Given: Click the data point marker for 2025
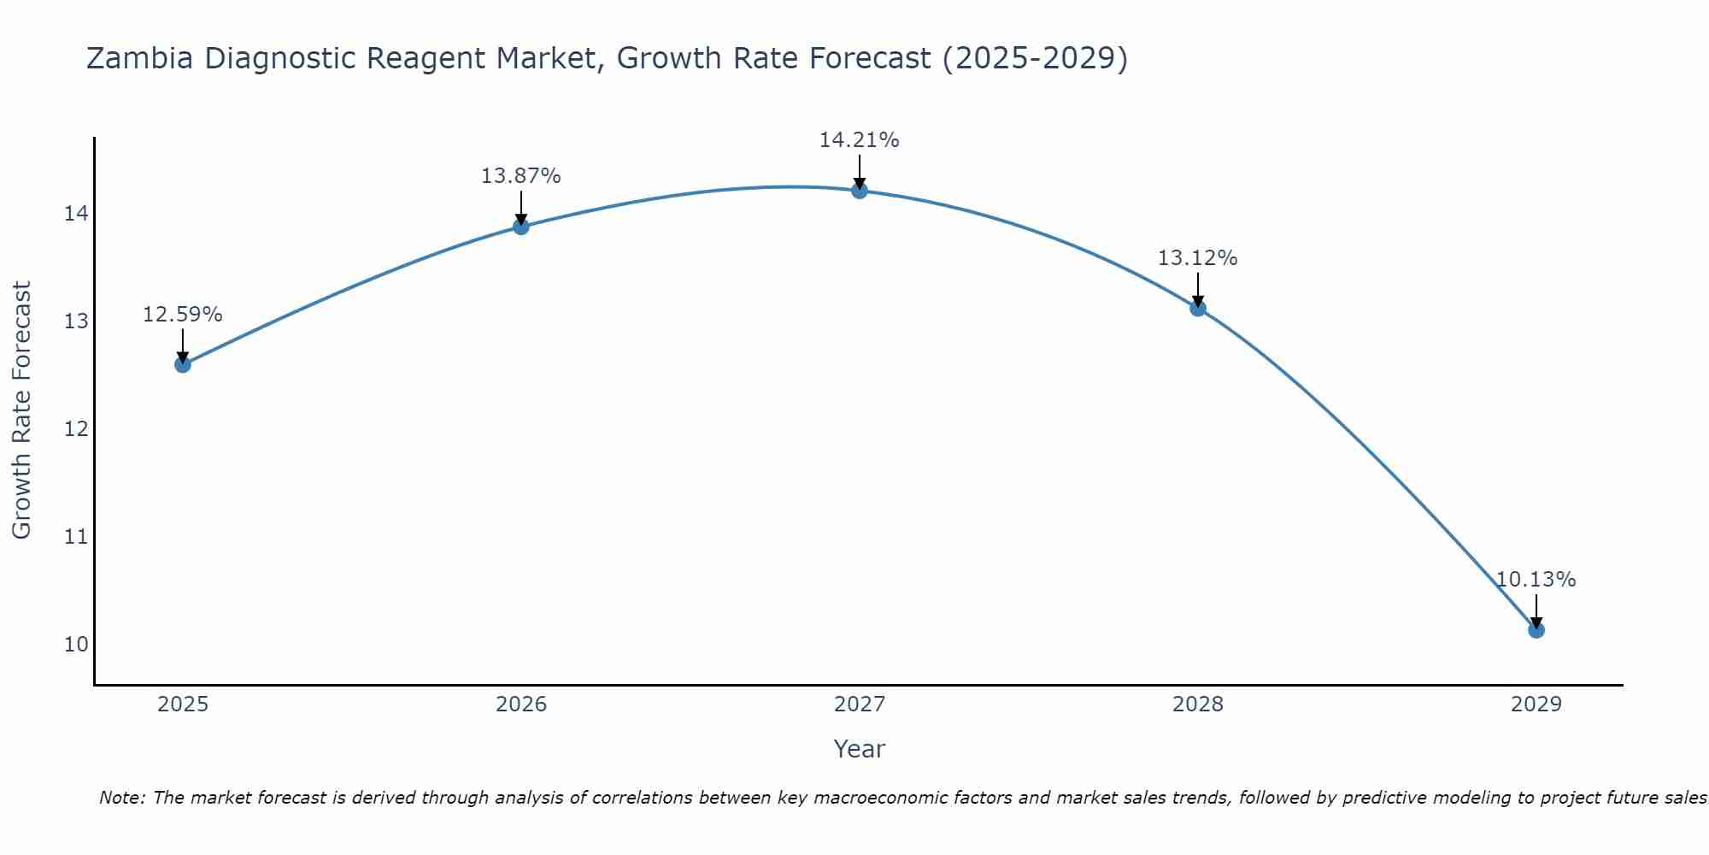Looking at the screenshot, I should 182,365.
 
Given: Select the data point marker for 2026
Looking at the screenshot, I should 520,227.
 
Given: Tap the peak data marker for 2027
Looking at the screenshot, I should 860,191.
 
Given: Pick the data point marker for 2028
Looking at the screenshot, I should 1198,309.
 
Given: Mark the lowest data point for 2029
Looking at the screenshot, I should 1536,630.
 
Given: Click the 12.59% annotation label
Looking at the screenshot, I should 182,315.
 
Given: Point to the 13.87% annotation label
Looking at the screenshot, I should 520,176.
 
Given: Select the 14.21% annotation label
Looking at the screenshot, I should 859,140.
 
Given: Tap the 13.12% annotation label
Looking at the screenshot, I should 1197,258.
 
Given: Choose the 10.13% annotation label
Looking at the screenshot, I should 1536,580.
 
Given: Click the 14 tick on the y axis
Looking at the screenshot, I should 76,214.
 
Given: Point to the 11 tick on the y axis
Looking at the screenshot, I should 76,537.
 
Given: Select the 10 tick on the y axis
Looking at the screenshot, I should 76,645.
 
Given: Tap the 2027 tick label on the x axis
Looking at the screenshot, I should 860,705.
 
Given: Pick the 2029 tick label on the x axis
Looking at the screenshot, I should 1536,705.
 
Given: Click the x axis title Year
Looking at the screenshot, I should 859,749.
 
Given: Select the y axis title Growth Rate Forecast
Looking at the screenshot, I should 22,410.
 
